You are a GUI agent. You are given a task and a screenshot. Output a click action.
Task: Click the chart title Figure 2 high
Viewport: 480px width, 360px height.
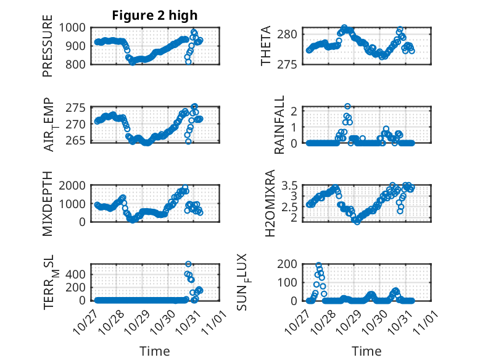pos(155,15)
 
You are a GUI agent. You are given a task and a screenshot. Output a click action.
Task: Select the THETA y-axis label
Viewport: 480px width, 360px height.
pos(266,46)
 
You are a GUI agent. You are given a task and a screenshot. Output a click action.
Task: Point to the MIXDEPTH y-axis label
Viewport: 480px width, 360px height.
pos(48,204)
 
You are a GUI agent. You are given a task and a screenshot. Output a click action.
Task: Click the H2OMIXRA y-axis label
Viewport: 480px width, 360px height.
pos(270,204)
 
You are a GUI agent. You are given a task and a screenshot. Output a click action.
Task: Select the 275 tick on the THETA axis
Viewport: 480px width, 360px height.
pos(292,64)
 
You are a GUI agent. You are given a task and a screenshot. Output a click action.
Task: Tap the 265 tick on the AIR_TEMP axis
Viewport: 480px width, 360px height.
pos(80,141)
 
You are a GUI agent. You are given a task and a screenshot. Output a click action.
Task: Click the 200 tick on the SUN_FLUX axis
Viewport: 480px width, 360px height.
pos(290,264)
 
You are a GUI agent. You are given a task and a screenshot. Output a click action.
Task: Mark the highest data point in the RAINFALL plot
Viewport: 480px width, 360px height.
pos(347,106)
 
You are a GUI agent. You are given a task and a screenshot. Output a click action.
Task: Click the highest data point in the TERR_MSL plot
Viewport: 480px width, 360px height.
pos(188,264)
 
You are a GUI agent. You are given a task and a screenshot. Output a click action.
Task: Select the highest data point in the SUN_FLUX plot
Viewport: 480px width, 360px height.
pos(318,266)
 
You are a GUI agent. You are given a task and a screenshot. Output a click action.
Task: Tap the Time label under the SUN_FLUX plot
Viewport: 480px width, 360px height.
pos(366,351)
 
